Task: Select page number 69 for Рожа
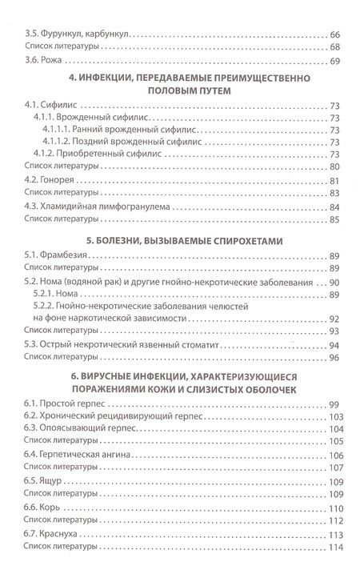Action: tap(334, 62)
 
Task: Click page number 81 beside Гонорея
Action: tap(334, 180)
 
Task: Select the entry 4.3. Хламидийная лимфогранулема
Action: tap(94, 207)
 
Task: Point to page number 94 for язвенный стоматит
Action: tap(334, 345)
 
